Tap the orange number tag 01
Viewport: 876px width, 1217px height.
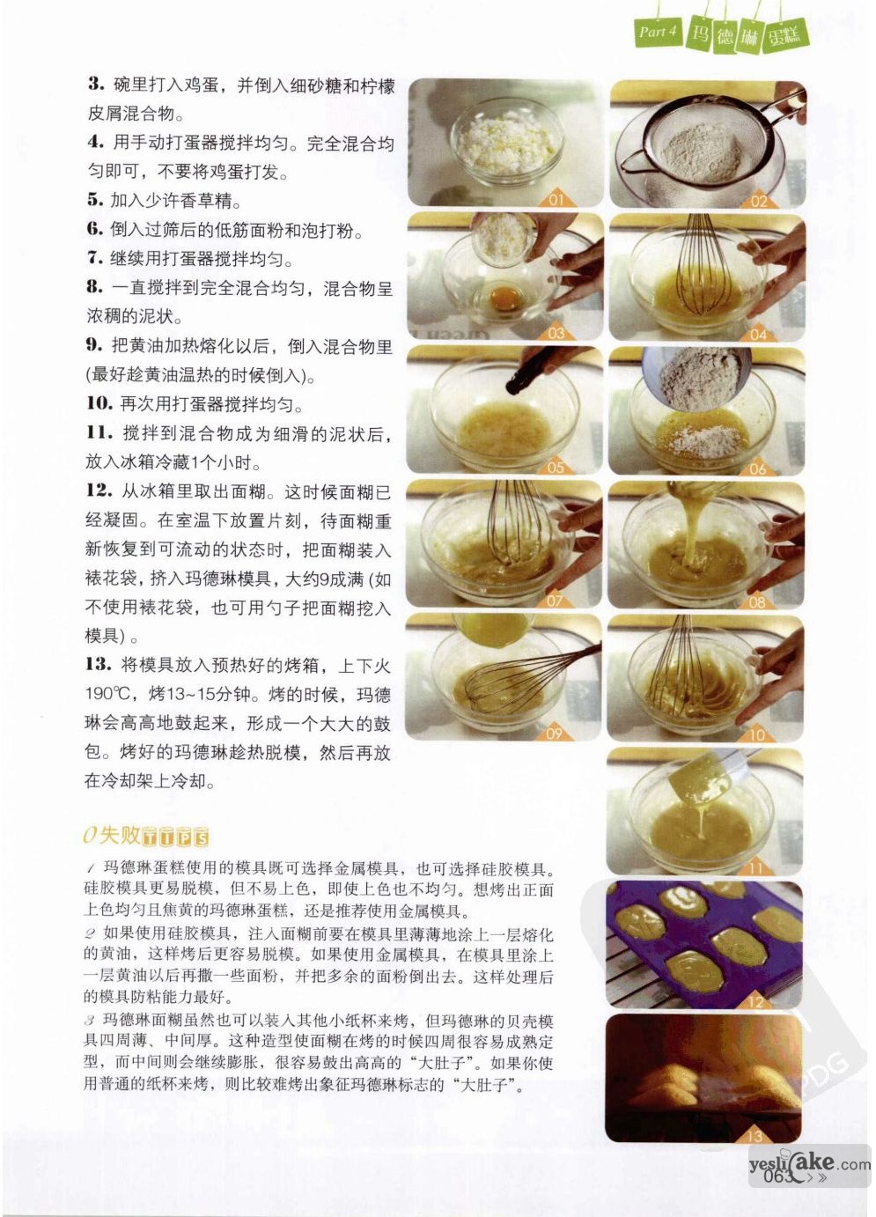(x=556, y=199)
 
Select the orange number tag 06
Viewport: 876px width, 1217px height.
(x=758, y=468)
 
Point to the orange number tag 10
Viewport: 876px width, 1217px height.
(x=758, y=735)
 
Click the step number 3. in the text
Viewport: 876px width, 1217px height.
(x=96, y=85)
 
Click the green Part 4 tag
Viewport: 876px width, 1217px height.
(x=657, y=32)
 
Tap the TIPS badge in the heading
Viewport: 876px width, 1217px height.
(x=175, y=837)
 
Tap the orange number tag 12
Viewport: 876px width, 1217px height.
(x=756, y=1000)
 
